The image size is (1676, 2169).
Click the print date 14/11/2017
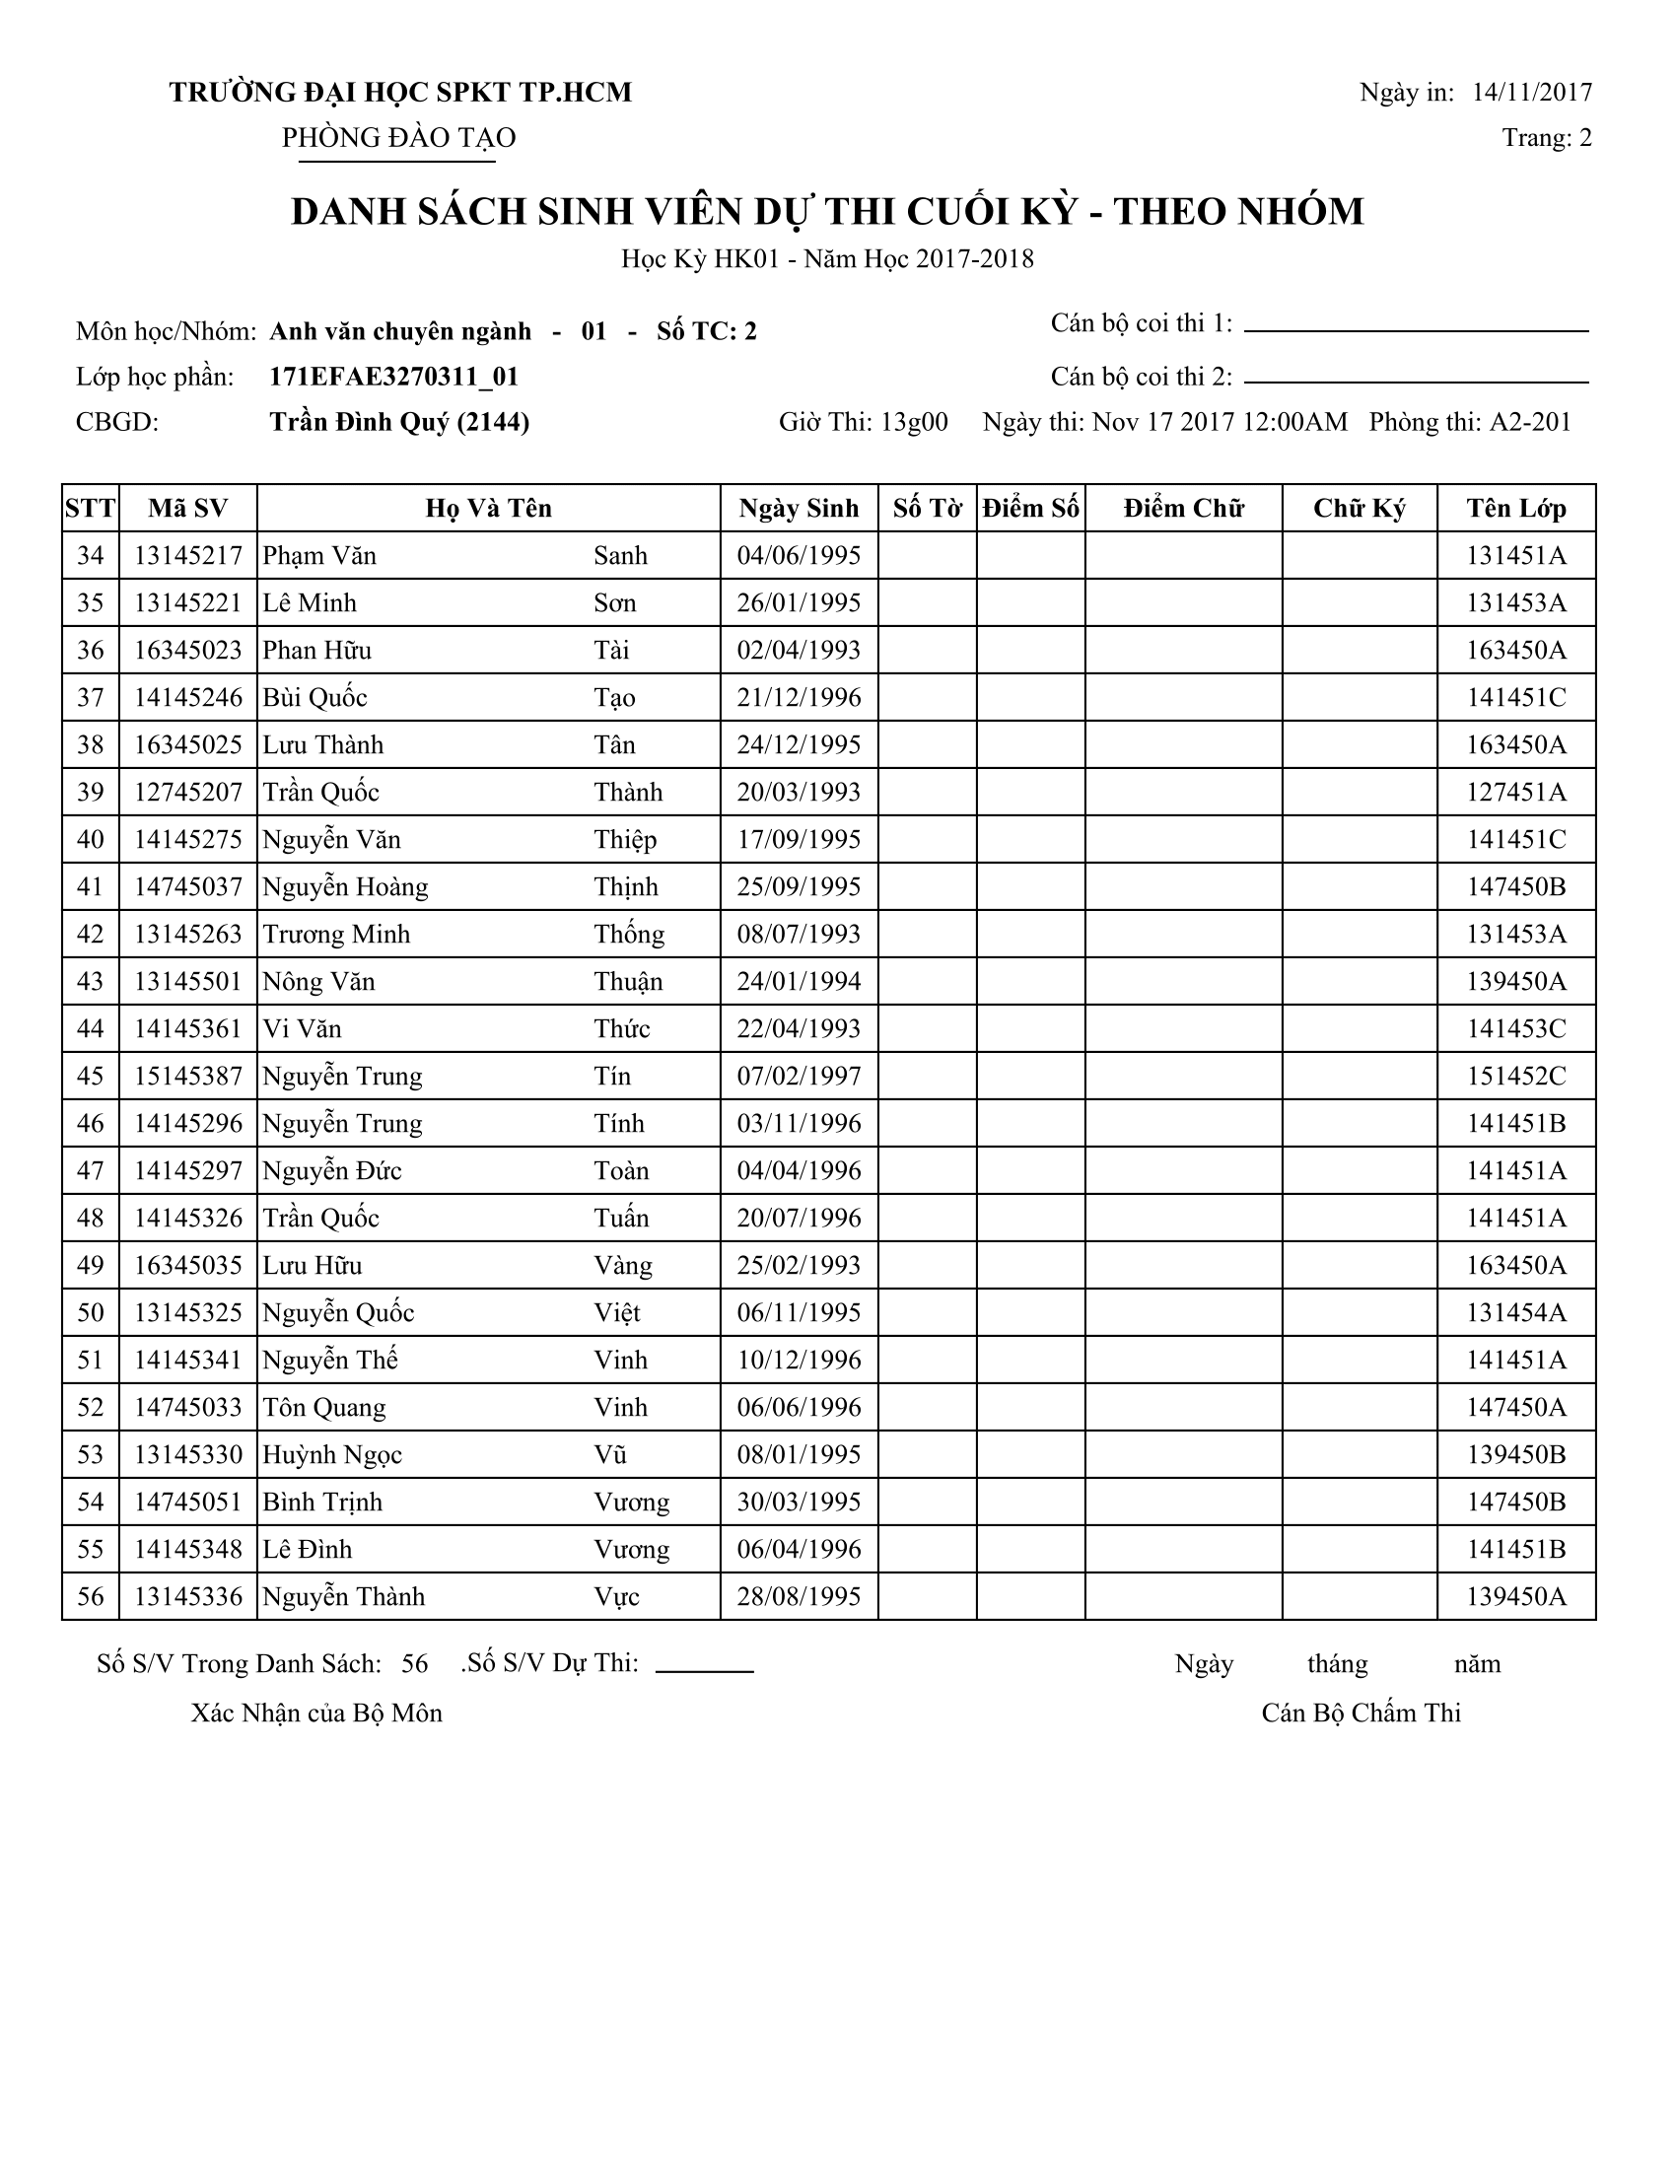1531,93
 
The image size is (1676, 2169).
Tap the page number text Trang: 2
1546,138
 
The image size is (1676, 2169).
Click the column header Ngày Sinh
799,509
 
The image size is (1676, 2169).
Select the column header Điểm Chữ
1182,509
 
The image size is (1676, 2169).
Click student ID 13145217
187,556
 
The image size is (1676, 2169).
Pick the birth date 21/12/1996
799,698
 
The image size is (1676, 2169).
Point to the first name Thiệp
625,840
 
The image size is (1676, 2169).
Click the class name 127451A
1516,793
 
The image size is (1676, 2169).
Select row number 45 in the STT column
91,1077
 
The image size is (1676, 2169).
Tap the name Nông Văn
318,982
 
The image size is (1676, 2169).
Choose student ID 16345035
187,1266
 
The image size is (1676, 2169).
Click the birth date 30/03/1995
799,1503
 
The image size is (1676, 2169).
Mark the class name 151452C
1516,1077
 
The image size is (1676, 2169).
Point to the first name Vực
616,1597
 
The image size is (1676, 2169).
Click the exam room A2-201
1529,423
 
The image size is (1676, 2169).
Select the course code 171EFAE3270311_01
394,378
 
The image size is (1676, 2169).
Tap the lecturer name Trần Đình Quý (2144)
399,423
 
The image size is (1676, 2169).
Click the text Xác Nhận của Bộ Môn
316,1714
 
